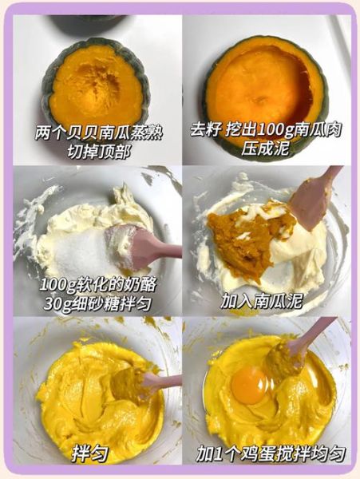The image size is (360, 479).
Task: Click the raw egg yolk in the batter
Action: point(249,386)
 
